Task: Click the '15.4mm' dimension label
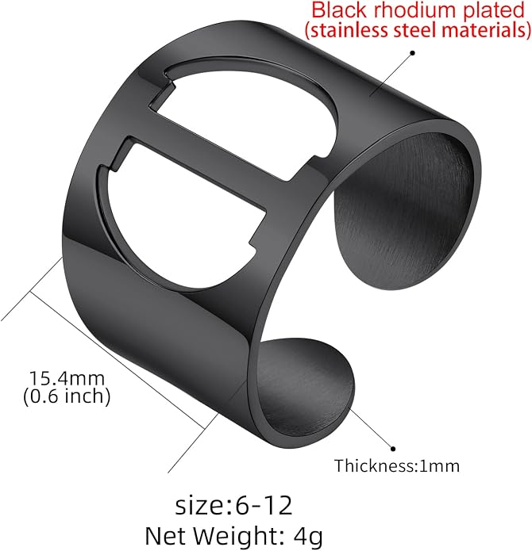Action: point(67,378)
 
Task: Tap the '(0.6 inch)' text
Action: point(67,396)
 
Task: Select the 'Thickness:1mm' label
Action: point(397,466)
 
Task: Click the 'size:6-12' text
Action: point(233,506)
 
